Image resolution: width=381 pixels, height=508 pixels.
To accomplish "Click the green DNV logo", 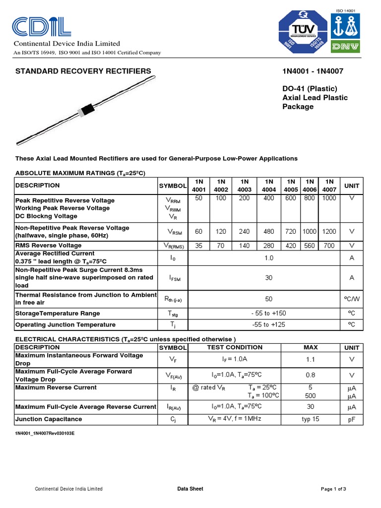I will click(x=347, y=46).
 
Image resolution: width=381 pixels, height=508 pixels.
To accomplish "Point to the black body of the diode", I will click(x=88, y=109).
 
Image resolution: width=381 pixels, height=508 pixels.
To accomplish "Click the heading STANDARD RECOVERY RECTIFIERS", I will click(x=83, y=71).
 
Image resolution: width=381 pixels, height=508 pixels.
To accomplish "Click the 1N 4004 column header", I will click(x=269, y=186).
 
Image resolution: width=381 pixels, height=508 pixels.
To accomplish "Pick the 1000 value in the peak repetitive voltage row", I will click(x=328, y=198).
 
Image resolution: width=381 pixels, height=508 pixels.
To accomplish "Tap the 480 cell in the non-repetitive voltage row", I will click(x=269, y=232).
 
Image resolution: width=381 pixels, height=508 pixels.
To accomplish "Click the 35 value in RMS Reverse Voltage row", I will click(x=198, y=246).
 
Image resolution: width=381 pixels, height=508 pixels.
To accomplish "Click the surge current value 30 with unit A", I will click(x=268, y=278).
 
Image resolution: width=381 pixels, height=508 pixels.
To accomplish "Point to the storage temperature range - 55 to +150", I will click(x=268, y=314).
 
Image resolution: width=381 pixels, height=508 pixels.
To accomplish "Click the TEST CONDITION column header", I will click(x=235, y=347).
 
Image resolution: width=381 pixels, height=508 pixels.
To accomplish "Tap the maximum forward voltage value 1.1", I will click(x=310, y=359).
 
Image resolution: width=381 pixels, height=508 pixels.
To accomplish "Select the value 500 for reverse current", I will click(x=310, y=395).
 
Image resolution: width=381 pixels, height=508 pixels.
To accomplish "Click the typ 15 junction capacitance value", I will click(x=310, y=419).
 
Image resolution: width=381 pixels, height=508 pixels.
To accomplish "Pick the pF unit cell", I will click(x=352, y=419).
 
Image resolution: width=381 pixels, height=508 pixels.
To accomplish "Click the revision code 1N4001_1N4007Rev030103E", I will click(x=45, y=434).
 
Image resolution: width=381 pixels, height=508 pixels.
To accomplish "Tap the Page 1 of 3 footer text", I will click(x=333, y=489).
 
